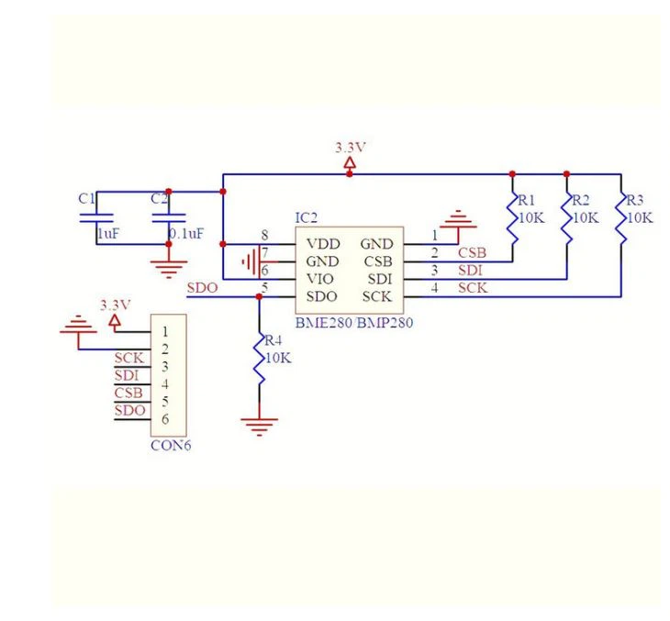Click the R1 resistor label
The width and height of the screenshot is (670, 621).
[526, 200]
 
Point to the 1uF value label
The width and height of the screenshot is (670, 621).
[108, 235]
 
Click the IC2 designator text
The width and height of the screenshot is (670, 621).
[306, 218]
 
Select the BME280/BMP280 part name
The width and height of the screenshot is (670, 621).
[349, 324]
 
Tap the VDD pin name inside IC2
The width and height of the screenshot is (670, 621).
[322, 244]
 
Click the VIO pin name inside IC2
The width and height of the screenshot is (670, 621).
[321, 279]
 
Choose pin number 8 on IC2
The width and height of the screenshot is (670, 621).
[264, 236]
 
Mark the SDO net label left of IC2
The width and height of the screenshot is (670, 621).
[202, 287]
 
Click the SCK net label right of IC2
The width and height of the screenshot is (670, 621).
[473, 287]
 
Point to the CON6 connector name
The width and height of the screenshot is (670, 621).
[171, 447]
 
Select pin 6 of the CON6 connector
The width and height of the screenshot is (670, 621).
[165, 419]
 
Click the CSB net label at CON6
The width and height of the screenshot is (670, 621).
[128, 393]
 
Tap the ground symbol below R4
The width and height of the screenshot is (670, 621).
[260, 424]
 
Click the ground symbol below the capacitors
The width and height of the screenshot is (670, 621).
[166, 268]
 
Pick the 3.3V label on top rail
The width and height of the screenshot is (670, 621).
[350, 147]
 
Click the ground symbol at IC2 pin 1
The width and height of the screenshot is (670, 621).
[458, 220]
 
